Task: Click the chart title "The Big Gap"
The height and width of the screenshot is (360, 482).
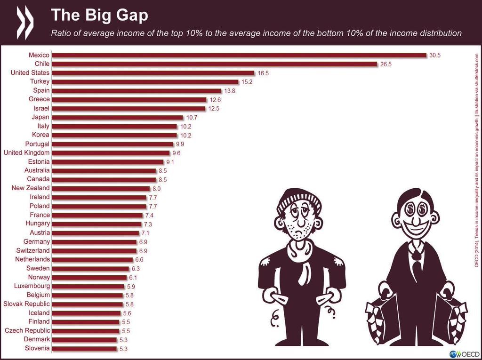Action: pos(99,15)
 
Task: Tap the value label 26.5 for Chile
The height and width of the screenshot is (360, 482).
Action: pos(386,64)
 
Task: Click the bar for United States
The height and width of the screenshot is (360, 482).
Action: pos(153,73)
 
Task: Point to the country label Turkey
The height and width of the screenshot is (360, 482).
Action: pos(40,81)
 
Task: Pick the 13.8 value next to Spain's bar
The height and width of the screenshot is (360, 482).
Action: pos(230,90)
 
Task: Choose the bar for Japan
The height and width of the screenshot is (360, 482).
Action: pos(118,117)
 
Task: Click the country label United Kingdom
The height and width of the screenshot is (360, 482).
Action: pos(26,152)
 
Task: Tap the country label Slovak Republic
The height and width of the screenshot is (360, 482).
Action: pos(26,304)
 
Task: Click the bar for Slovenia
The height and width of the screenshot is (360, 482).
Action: pos(84,349)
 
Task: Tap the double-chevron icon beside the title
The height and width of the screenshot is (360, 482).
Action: pos(25,22)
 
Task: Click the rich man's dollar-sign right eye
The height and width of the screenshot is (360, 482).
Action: pos(422,209)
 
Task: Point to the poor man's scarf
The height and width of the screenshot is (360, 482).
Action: pos(300,256)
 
